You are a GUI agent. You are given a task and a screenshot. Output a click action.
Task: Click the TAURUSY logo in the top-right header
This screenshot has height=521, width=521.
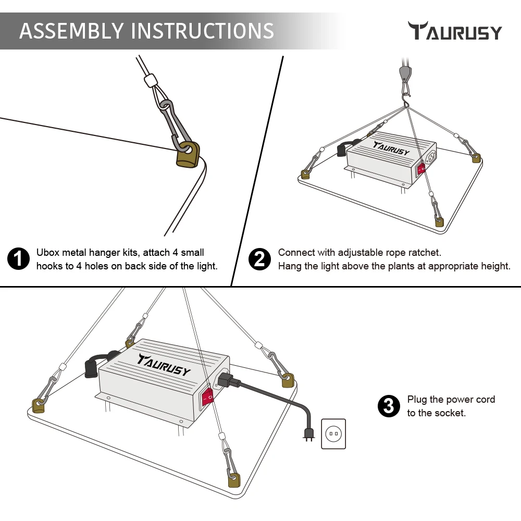(x=455, y=31)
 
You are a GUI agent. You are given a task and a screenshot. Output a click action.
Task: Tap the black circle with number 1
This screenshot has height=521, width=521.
(x=19, y=259)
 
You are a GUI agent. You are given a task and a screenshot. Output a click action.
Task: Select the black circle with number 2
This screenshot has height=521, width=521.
(x=259, y=259)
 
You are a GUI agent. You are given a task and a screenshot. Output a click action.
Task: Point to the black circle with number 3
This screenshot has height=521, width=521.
(x=388, y=406)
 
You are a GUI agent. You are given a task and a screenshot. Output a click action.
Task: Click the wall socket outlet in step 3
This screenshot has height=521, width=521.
(x=333, y=433)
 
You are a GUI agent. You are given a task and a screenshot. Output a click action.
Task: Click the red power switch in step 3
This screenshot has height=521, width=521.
(x=207, y=397)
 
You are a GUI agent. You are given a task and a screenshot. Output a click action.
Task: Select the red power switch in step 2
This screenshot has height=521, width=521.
(x=421, y=168)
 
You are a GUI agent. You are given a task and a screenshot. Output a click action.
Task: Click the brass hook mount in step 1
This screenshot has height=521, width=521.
(x=188, y=156)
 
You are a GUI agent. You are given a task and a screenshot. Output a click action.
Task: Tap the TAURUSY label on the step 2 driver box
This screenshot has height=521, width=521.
(x=391, y=148)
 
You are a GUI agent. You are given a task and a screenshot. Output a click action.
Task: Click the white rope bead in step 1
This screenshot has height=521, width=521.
(x=151, y=81)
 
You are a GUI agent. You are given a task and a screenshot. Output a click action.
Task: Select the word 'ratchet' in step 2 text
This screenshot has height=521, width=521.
(x=425, y=253)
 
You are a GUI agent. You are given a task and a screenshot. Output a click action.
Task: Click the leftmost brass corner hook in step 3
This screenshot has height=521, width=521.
(x=38, y=405)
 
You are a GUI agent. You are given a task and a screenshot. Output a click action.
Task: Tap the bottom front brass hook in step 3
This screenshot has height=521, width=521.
(x=233, y=479)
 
